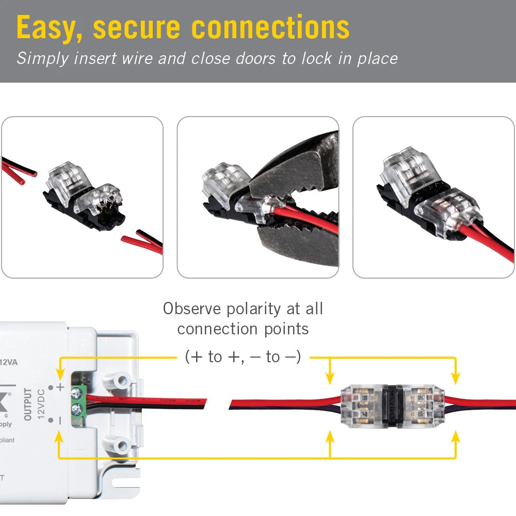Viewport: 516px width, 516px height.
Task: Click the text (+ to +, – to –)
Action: (x=243, y=357)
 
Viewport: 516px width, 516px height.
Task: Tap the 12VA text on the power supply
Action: (x=9, y=362)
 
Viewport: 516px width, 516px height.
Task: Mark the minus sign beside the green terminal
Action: (x=60, y=421)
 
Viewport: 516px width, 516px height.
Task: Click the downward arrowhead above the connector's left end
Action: (x=330, y=380)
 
